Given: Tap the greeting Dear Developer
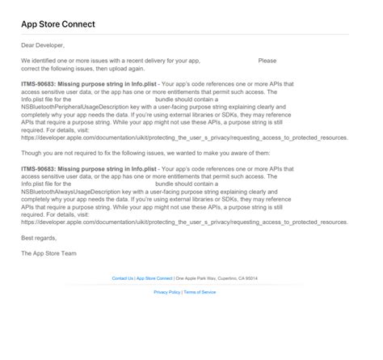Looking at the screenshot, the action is (x=43, y=45).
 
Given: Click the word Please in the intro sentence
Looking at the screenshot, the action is (x=267, y=61).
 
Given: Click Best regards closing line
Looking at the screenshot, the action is (x=40, y=238).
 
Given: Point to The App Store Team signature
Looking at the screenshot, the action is (x=49, y=253).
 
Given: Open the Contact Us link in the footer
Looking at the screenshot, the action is (x=123, y=278).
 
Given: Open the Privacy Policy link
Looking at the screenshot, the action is (x=167, y=292).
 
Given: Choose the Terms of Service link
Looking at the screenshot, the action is (x=200, y=292).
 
